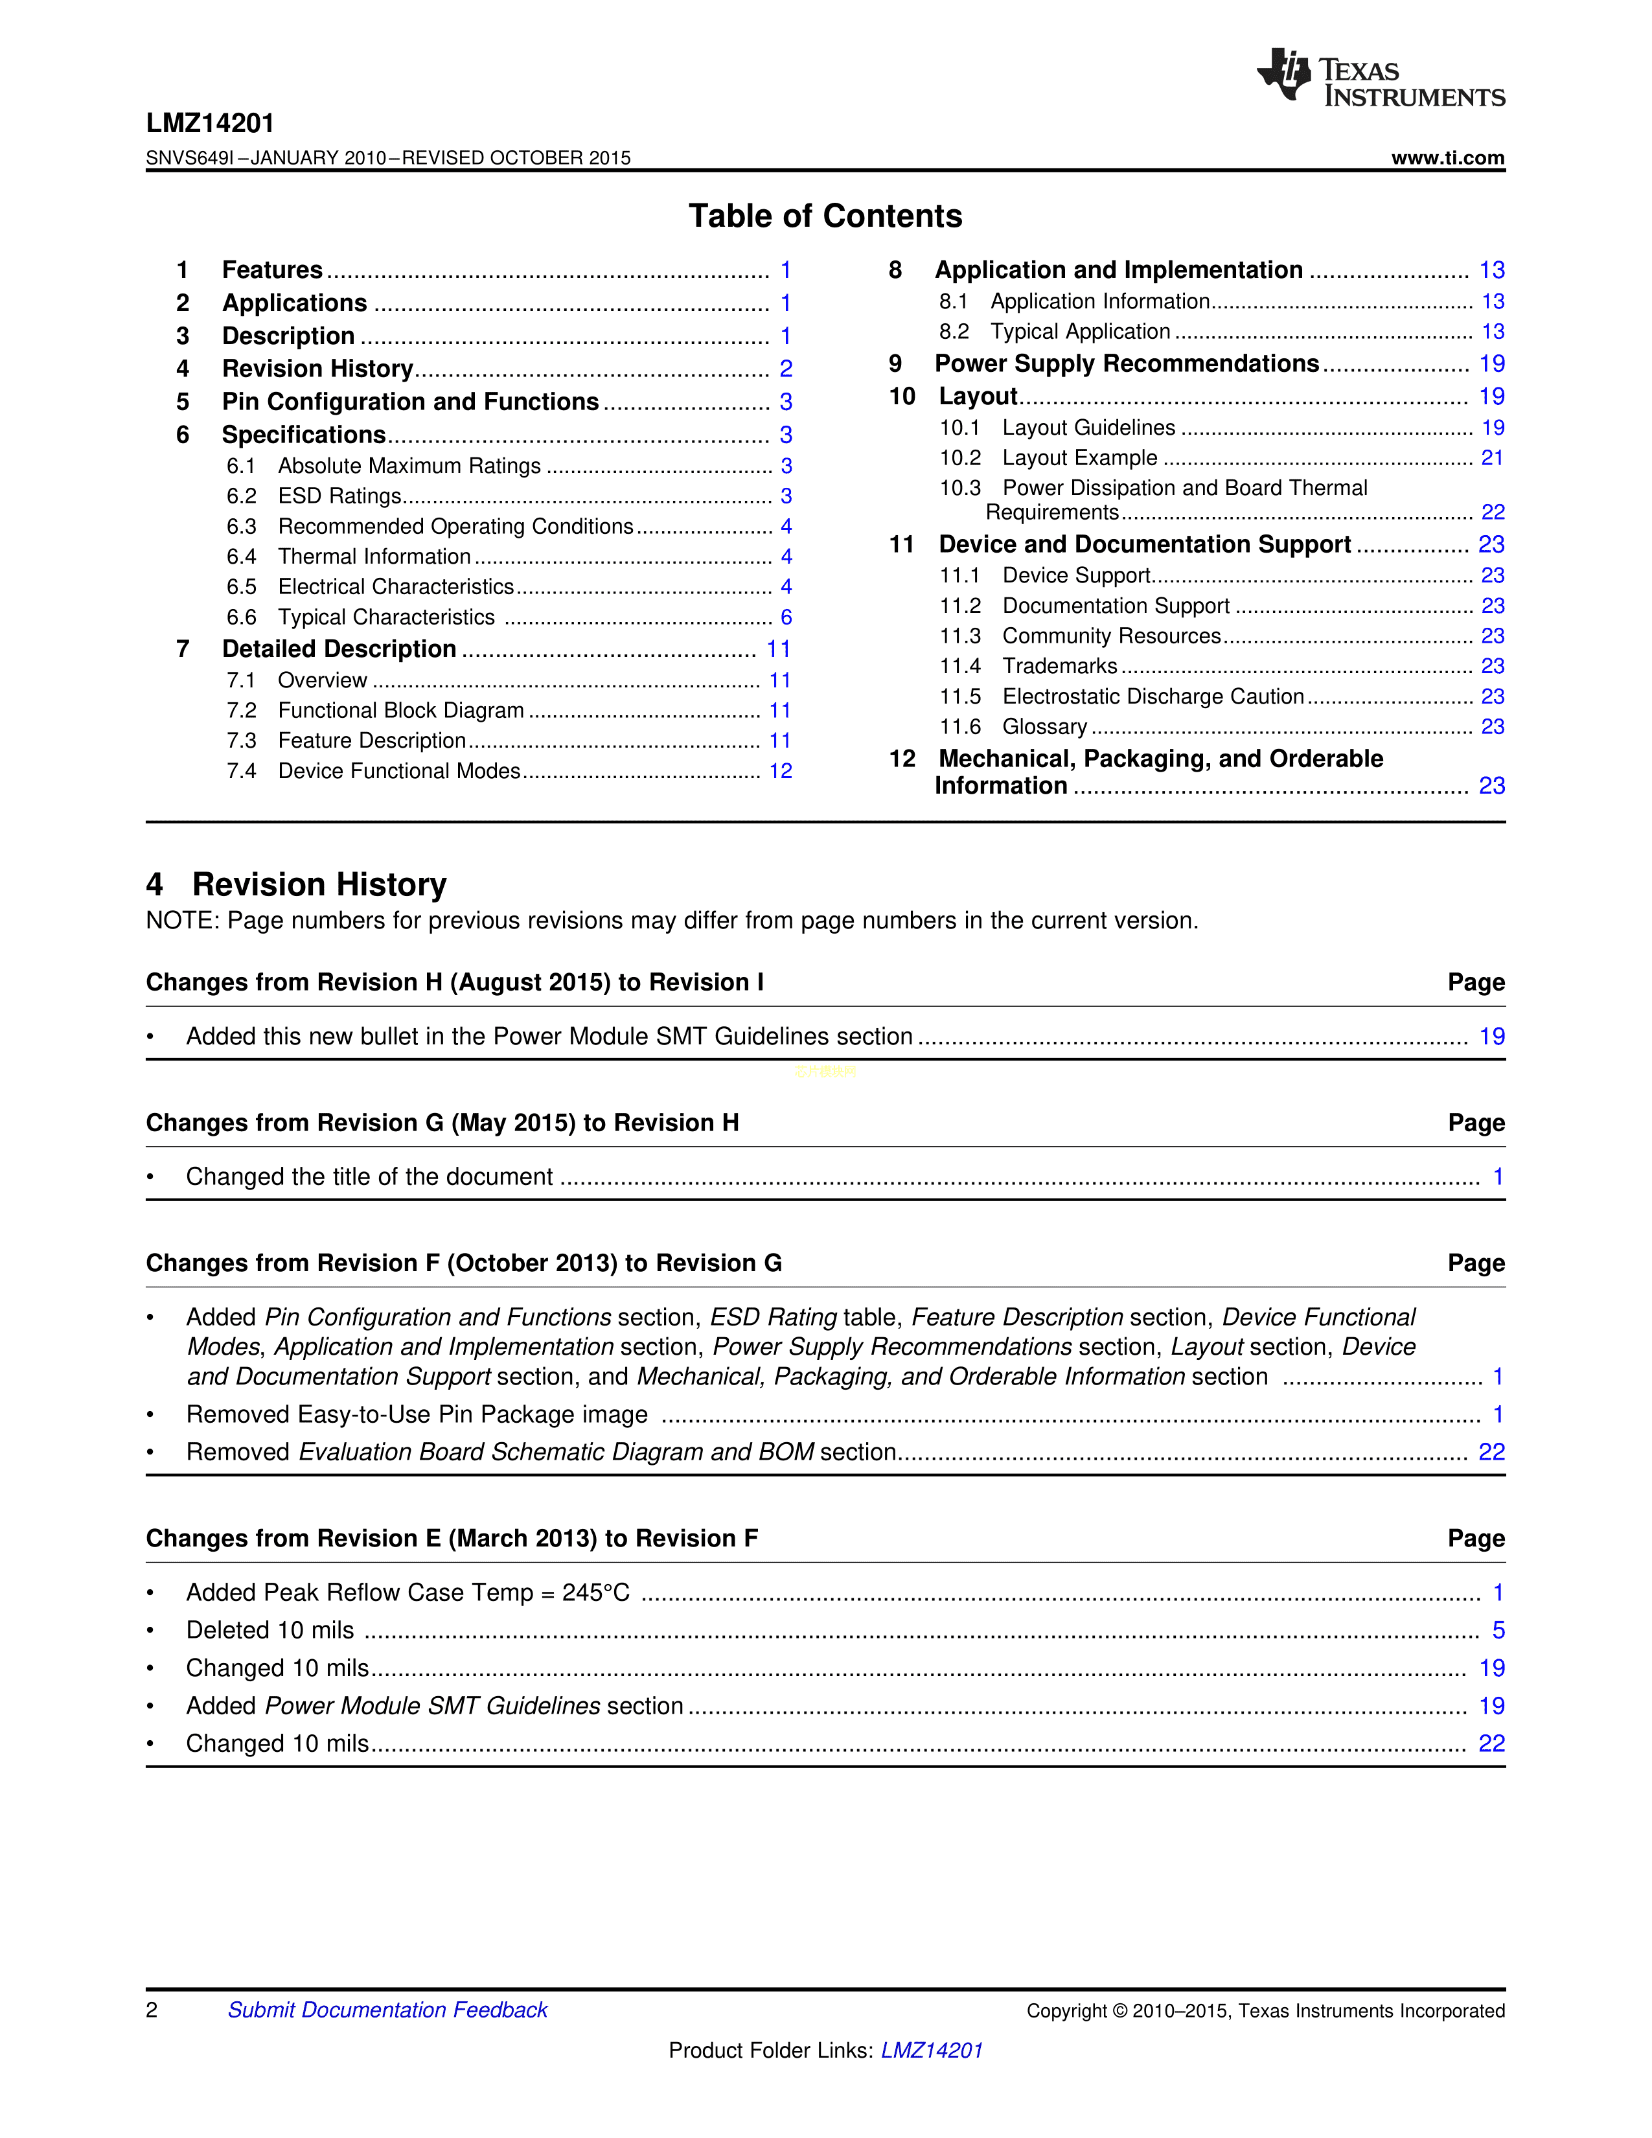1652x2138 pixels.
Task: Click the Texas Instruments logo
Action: [x=1380, y=77]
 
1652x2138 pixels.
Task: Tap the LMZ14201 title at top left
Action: [x=211, y=123]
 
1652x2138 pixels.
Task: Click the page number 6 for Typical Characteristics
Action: [x=786, y=617]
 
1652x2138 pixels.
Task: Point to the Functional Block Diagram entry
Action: [x=400, y=711]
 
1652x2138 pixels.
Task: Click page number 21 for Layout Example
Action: [x=1491, y=458]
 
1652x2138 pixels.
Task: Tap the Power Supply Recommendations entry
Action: [x=1127, y=364]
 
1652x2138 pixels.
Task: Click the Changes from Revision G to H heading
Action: [x=442, y=1123]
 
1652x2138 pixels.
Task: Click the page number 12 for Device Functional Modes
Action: [x=780, y=772]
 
